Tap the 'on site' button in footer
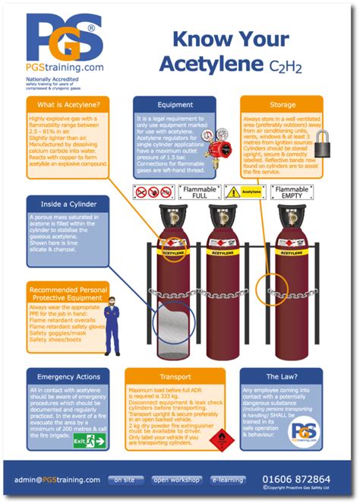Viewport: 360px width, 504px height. pyautogui.click(x=125, y=480)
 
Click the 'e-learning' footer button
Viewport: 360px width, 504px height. pyautogui.click(x=227, y=480)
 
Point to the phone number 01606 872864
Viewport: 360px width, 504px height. pyautogui.click(x=295, y=479)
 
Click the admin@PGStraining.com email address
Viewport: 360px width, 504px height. pyautogui.click(x=57, y=480)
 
